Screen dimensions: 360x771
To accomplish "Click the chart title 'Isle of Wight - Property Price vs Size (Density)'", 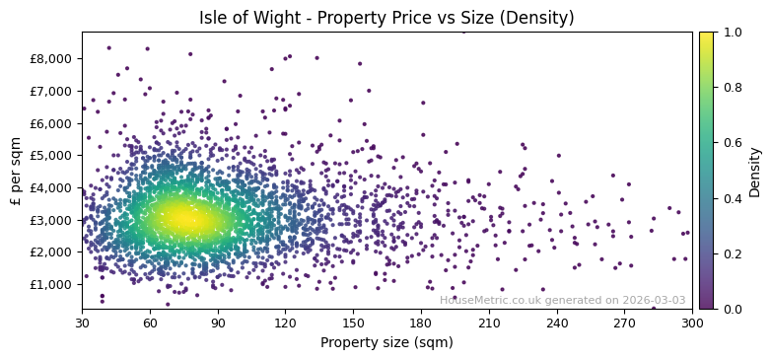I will click(386, 18).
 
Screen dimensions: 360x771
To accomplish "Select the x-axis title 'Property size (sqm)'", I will click(386, 342).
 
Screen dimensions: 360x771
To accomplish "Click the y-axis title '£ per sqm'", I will click(16, 171).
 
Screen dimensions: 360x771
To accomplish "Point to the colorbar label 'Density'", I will click(754, 172).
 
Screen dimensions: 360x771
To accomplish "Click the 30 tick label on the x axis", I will click(82, 322).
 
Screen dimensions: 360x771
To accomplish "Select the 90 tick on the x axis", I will click(218, 322).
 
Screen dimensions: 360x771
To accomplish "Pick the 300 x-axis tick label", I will click(692, 322).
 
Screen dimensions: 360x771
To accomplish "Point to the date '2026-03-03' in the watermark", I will click(654, 300).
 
